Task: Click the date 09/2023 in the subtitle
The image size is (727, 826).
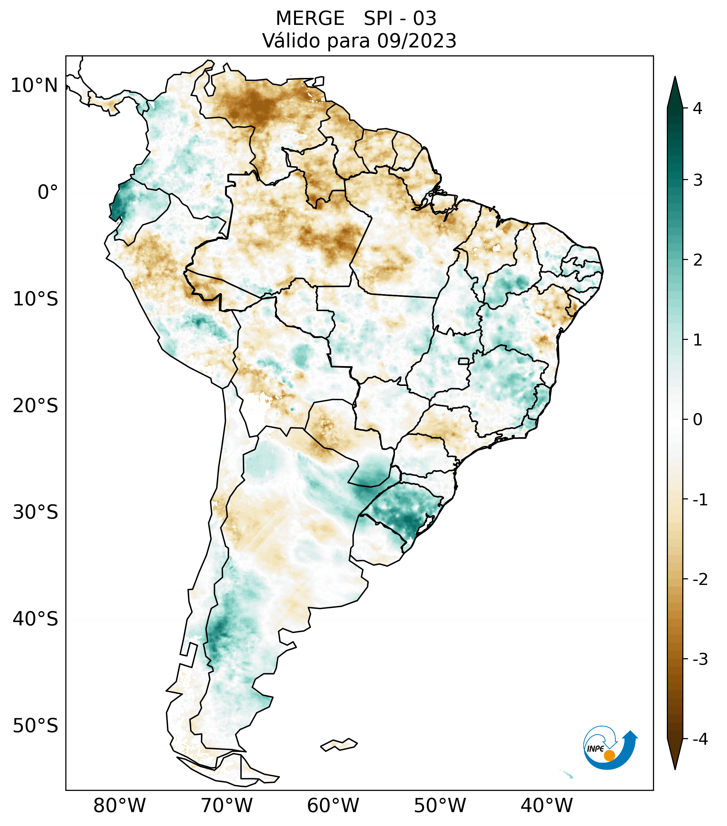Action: (417, 41)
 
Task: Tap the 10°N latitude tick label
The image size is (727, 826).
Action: (34, 86)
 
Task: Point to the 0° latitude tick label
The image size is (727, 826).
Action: (48, 192)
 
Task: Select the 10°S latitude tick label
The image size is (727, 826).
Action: (36, 299)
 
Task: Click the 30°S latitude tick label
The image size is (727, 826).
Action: (36, 512)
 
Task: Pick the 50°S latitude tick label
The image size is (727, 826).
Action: (36, 726)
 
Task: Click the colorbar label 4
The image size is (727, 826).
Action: (697, 108)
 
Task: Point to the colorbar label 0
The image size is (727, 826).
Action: (697, 420)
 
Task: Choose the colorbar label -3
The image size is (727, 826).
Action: (700, 659)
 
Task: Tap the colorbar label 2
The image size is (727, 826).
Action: (697, 260)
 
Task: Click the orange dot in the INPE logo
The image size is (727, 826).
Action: (609, 755)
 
